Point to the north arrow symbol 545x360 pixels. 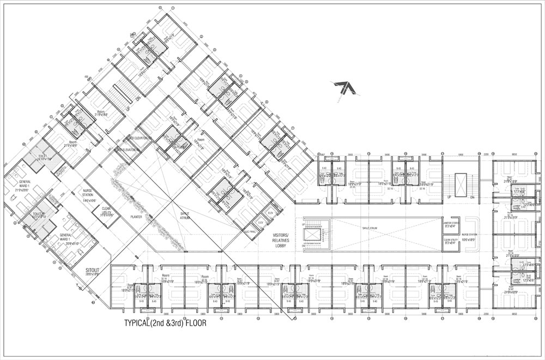pos(344,87)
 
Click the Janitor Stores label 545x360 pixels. pos(453,222)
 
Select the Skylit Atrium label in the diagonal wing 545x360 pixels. pos(186,215)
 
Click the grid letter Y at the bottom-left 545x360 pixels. pos(71,285)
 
